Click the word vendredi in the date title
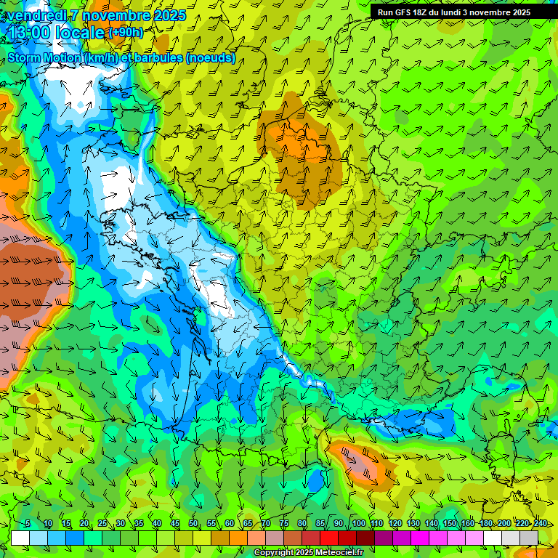tap(36, 15)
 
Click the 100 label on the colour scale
tap(358, 524)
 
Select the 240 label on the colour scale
tap(540, 524)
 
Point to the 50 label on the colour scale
tap(193, 524)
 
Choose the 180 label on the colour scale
tap(485, 524)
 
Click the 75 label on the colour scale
tap(284, 524)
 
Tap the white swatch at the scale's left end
tap(20, 538)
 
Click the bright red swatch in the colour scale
tap(330, 538)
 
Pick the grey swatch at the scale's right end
tap(529, 538)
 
